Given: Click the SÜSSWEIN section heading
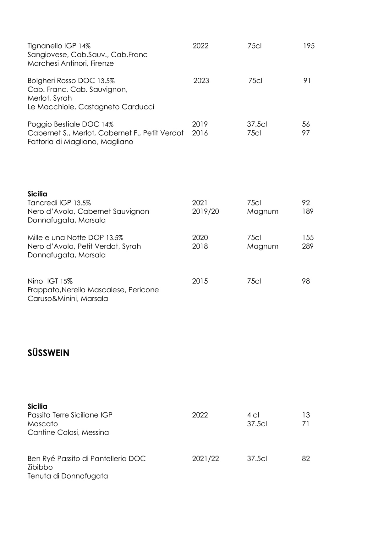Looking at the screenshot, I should coord(48,353).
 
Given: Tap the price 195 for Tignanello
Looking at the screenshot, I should coord(309,46).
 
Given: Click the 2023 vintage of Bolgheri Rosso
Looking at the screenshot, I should coord(201,81).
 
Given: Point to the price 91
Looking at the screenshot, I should coord(307,81).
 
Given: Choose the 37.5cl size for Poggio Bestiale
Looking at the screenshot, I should coord(257,124).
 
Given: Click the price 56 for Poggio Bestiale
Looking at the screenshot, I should coord(306,124).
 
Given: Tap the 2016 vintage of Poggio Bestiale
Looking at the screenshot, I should coord(200,133).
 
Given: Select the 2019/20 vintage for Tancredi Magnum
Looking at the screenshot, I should coord(206,211).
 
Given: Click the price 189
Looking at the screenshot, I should coord(308,211).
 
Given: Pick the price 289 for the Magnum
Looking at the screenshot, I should coord(308,246).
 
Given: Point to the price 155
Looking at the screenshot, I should coord(308,238).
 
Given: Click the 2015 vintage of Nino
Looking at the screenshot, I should coord(200,281).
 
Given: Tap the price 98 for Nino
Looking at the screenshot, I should coord(306,281).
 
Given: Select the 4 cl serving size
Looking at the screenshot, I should coord(253,415).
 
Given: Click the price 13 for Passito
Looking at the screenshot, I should coord(306,415).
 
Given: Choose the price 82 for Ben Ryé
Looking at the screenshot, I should coord(306,459).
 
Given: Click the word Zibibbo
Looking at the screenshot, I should coord(40,467).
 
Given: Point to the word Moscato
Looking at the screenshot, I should coord(42,424).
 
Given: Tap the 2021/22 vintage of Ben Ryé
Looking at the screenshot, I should coord(206,459).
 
